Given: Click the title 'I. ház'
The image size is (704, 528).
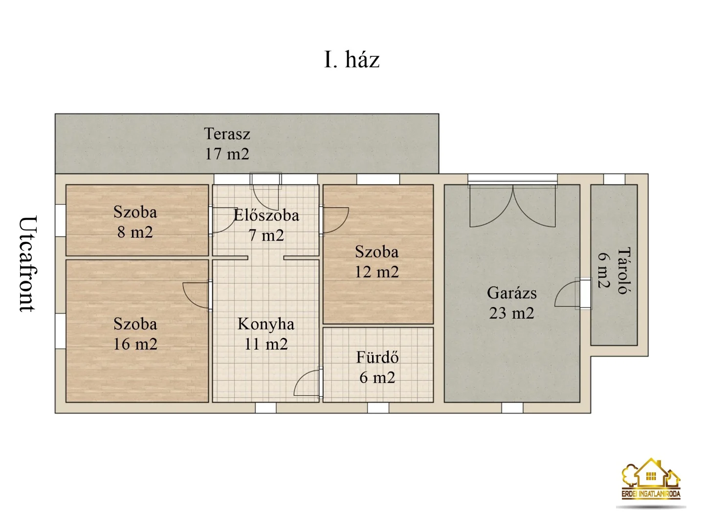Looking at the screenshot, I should coord(352,60).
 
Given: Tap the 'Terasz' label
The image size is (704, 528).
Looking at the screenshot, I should coord(227,133).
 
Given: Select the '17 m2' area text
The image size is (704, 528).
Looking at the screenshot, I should coord(227,154).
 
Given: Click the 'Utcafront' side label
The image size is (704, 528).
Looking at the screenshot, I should coord(27,264).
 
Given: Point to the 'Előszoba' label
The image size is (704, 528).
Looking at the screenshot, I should coord(266,215).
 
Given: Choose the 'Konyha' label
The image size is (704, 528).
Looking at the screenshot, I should coord(266,324).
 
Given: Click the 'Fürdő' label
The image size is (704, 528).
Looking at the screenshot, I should coord(377,357).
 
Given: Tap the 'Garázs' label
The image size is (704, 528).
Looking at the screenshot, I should coord(511,293).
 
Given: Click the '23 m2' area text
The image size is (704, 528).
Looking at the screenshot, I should coord(511,313).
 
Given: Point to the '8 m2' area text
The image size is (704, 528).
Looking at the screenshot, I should coord(135,232).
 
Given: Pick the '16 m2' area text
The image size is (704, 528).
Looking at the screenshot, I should coord(135,344).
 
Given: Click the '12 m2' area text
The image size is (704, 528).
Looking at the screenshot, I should coord(377,272).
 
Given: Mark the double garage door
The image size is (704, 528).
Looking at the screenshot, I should coord(512,205).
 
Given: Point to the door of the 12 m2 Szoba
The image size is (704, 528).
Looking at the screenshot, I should coord(335,220).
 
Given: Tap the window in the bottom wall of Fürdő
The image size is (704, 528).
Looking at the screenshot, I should coord(378,407).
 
